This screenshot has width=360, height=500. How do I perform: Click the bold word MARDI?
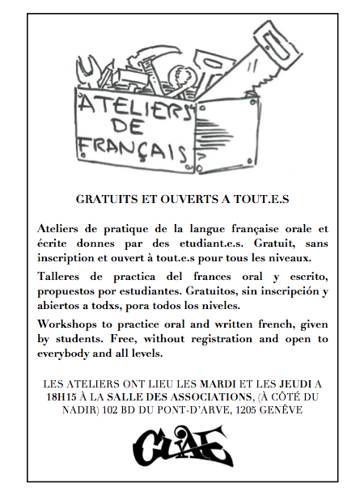coord(229,383)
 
